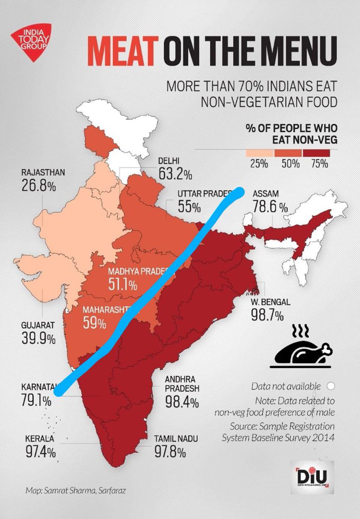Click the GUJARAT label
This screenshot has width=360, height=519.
[x=38, y=325]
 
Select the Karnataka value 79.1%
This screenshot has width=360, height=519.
[x=36, y=400]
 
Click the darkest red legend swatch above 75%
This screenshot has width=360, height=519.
[x=316, y=153]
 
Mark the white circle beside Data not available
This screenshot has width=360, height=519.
[x=331, y=386]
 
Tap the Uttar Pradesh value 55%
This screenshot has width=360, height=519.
[x=189, y=207]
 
